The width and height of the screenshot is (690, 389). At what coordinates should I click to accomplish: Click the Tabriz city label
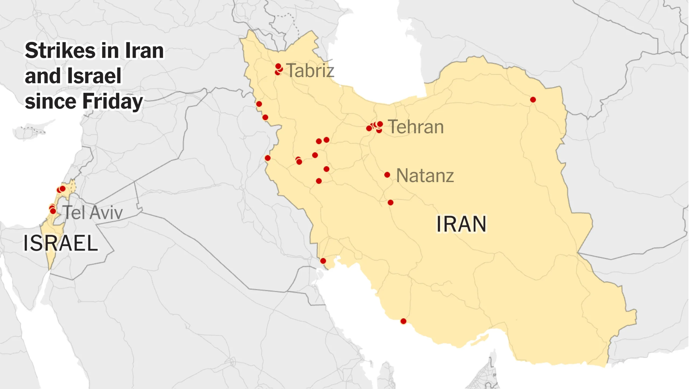pos(310,71)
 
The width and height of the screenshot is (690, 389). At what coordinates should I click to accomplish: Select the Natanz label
pos(425,176)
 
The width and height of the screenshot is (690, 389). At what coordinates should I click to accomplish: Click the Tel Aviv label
pos(93,213)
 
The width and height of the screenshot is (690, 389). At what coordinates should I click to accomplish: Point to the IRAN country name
pos(461,224)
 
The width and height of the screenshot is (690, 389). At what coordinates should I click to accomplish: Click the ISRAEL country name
pos(61,243)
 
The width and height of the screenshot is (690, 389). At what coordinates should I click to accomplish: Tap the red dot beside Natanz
pos(387,175)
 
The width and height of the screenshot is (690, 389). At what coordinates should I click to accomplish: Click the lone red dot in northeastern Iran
pos(533,100)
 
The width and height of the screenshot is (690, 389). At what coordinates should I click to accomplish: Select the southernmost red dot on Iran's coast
pos(403,321)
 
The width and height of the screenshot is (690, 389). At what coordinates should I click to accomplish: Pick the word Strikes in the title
pos(60,51)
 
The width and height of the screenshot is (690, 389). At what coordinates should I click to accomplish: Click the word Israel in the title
pos(94,76)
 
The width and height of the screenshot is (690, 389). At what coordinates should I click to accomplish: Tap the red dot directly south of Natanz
pos(391,203)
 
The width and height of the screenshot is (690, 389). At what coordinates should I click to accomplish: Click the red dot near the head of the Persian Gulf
pos(323,261)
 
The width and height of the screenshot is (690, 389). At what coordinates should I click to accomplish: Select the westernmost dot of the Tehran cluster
pos(369,128)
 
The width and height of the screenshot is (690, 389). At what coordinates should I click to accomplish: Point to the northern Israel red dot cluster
pos(61,189)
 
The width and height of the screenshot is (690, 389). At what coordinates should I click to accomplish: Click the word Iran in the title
pos(144,51)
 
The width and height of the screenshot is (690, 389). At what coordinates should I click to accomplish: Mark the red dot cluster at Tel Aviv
pos(53,210)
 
